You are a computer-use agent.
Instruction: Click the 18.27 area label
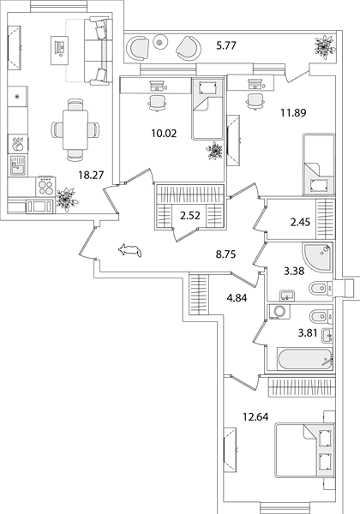[x=91, y=175]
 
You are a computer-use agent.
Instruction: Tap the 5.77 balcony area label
[x=226, y=45]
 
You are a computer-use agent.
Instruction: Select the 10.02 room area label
[x=164, y=134]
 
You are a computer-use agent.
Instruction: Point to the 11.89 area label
[x=293, y=113]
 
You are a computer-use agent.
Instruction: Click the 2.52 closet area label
[x=189, y=216]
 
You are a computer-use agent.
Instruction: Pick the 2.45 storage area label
[x=300, y=223]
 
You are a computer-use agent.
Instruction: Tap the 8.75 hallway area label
[x=226, y=254]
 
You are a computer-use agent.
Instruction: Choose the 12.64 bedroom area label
[x=255, y=417]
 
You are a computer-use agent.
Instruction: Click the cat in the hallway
[x=129, y=251]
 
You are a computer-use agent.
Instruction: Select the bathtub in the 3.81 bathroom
[x=305, y=359]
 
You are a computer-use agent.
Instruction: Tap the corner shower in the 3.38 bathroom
[x=317, y=258]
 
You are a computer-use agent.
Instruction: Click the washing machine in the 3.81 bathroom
[x=279, y=312]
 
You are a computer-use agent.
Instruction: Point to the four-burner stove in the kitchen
[x=45, y=187]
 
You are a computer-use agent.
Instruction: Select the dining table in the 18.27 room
[x=75, y=130]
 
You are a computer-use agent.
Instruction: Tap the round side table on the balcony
[x=160, y=42]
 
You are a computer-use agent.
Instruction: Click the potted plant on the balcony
[x=324, y=46]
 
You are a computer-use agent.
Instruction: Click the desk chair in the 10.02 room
[x=158, y=103]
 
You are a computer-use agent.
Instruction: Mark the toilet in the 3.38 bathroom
[x=321, y=288]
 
